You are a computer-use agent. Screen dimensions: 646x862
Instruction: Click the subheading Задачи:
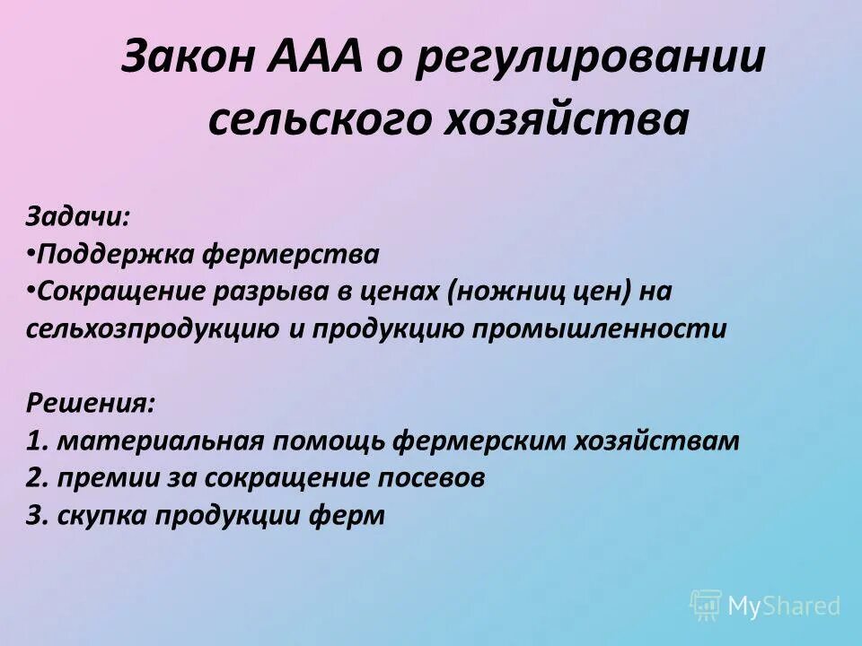pyautogui.click(x=77, y=218)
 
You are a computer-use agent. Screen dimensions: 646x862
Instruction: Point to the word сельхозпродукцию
pyautogui.click(x=152, y=328)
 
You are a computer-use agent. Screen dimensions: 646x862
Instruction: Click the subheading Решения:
pyautogui.click(x=89, y=403)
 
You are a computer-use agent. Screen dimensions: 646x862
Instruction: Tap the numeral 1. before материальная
pyautogui.click(x=37, y=441)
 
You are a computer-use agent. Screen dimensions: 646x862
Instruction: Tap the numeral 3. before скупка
pyautogui.click(x=37, y=516)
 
